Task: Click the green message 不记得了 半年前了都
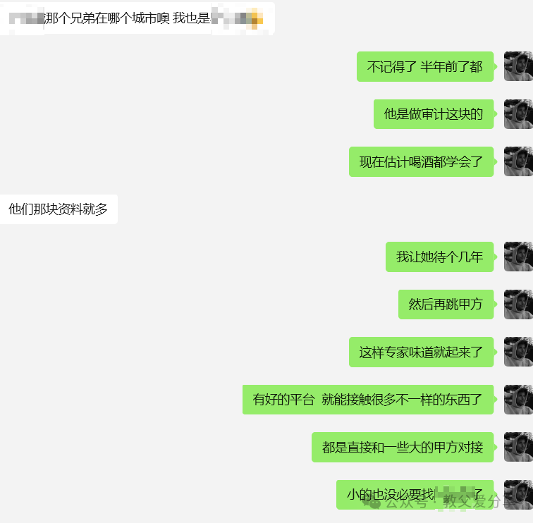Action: (x=424, y=67)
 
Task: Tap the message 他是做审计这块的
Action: (x=433, y=114)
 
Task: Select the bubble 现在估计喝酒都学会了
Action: (x=421, y=162)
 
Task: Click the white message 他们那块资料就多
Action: (x=59, y=209)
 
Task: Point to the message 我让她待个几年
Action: (x=439, y=257)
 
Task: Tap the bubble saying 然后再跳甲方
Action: (x=446, y=304)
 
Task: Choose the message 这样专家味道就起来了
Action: (x=421, y=352)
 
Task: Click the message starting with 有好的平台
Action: (x=367, y=400)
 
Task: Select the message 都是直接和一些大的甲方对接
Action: (x=403, y=448)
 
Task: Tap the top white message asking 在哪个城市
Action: (x=137, y=18)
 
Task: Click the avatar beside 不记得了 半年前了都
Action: (x=517, y=67)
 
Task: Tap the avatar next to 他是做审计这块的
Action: (x=517, y=114)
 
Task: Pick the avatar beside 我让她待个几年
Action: (x=517, y=257)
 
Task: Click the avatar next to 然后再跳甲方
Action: (x=517, y=304)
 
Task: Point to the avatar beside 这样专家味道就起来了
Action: (x=517, y=352)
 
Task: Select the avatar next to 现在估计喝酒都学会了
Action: (x=517, y=162)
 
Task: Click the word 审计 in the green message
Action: (x=434, y=114)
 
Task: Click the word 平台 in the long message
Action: (x=302, y=400)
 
